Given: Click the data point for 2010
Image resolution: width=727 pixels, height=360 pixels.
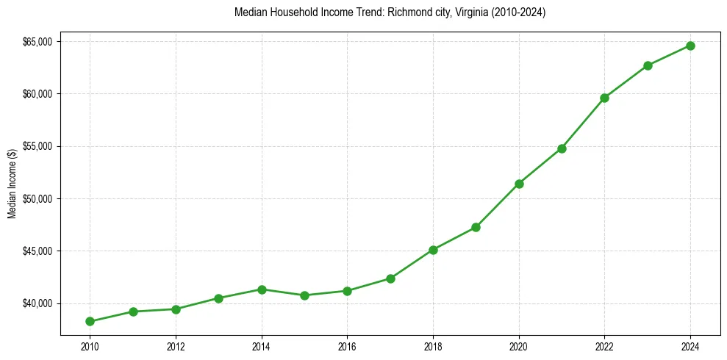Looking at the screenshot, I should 90,321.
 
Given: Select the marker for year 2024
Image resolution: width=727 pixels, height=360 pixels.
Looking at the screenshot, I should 690,46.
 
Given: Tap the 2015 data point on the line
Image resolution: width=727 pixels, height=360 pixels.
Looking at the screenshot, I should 304,295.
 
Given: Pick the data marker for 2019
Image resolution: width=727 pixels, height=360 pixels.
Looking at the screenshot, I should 476,227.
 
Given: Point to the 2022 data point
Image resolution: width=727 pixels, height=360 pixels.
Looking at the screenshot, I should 604,98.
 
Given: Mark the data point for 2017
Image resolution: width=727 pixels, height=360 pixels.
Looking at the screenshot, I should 390,278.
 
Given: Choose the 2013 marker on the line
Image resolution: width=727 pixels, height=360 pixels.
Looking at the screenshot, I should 218,298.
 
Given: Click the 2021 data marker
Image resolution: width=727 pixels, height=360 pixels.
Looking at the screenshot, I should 562,148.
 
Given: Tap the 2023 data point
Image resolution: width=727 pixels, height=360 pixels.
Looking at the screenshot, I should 648,65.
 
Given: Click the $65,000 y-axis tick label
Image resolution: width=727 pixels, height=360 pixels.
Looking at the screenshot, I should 37,42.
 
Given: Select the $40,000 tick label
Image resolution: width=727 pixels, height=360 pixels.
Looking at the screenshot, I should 37,303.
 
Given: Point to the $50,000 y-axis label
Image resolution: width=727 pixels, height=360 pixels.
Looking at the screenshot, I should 37,199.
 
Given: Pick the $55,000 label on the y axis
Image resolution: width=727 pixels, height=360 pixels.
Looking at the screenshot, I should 37,146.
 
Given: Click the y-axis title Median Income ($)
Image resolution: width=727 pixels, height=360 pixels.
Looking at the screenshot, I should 12,183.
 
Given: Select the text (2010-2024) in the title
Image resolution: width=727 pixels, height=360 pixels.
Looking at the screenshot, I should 518,12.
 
